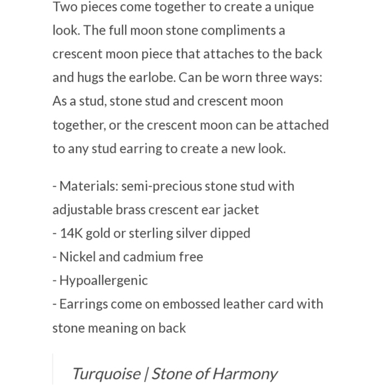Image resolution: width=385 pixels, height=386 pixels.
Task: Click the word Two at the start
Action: pos(65,7)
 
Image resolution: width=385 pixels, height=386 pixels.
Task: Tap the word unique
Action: pos(293,7)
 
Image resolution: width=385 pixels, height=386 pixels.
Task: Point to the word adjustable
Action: pos(82,210)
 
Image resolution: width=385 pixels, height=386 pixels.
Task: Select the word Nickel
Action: pos(77,257)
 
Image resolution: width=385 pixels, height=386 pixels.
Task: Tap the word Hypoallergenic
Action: pos(104,281)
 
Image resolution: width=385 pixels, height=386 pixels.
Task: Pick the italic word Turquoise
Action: pos(106,373)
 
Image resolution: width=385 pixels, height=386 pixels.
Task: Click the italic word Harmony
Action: pos(246,373)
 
